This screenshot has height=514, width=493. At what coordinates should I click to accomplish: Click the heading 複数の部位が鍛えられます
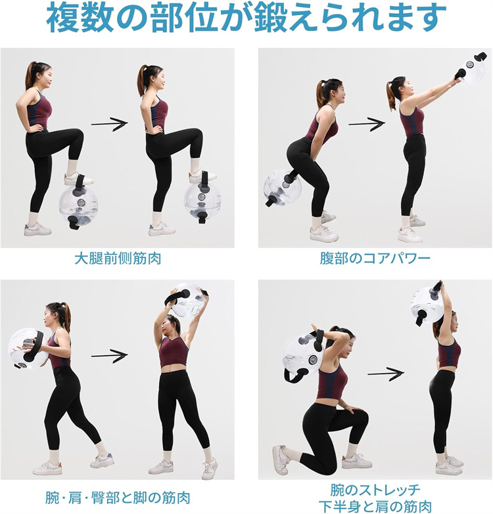pyautogui.click(x=246, y=18)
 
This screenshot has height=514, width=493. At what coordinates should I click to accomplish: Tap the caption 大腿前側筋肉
pyautogui.click(x=118, y=259)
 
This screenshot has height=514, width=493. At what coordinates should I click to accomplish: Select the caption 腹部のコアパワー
pyautogui.click(x=375, y=259)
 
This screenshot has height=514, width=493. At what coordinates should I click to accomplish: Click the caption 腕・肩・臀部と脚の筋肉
pyautogui.click(x=118, y=498)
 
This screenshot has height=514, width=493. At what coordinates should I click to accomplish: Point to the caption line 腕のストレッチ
pyautogui.click(x=375, y=490)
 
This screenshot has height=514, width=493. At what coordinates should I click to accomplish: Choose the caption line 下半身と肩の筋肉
pyautogui.click(x=375, y=507)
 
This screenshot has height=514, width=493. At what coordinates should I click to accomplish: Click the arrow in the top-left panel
pyautogui.click(x=109, y=123)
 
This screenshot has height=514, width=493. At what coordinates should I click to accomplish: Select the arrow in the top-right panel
pyautogui.click(x=367, y=123)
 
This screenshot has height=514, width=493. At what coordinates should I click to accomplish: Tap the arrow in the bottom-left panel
pyautogui.click(x=109, y=355)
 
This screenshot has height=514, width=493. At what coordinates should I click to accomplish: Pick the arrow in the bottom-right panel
pyautogui.click(x=385, y=374)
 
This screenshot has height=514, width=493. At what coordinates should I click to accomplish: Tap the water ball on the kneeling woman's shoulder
pyautogui.click(x=302, y=356)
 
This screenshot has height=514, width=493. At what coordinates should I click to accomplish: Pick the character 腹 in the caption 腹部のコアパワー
pyautogui.click(x=327, y=259)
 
